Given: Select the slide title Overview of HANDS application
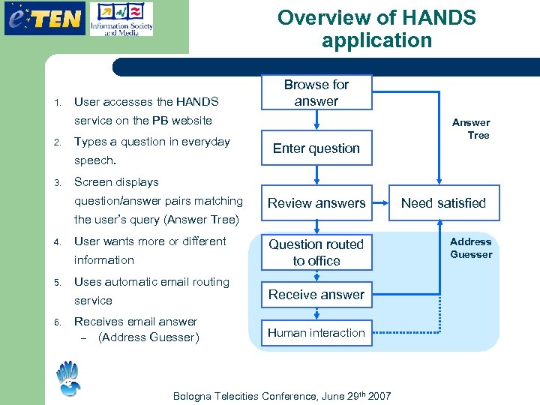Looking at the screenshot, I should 376,28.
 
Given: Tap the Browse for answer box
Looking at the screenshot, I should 316,93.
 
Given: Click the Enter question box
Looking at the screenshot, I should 316,148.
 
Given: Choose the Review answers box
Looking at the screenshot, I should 316,203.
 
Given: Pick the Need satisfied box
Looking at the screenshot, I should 443,203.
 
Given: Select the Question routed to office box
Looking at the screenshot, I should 316,253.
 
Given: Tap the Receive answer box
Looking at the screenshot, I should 316,295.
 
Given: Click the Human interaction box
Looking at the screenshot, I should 316,333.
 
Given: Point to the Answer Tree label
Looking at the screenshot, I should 472,129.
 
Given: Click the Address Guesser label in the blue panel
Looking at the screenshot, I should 471,248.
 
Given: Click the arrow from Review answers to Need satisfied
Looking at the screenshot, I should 380,203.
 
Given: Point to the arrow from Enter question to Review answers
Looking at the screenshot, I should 316,175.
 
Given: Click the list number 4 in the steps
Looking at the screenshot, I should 56,242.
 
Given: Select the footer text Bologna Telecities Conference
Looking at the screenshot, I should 282,396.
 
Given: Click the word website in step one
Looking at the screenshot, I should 192,121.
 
